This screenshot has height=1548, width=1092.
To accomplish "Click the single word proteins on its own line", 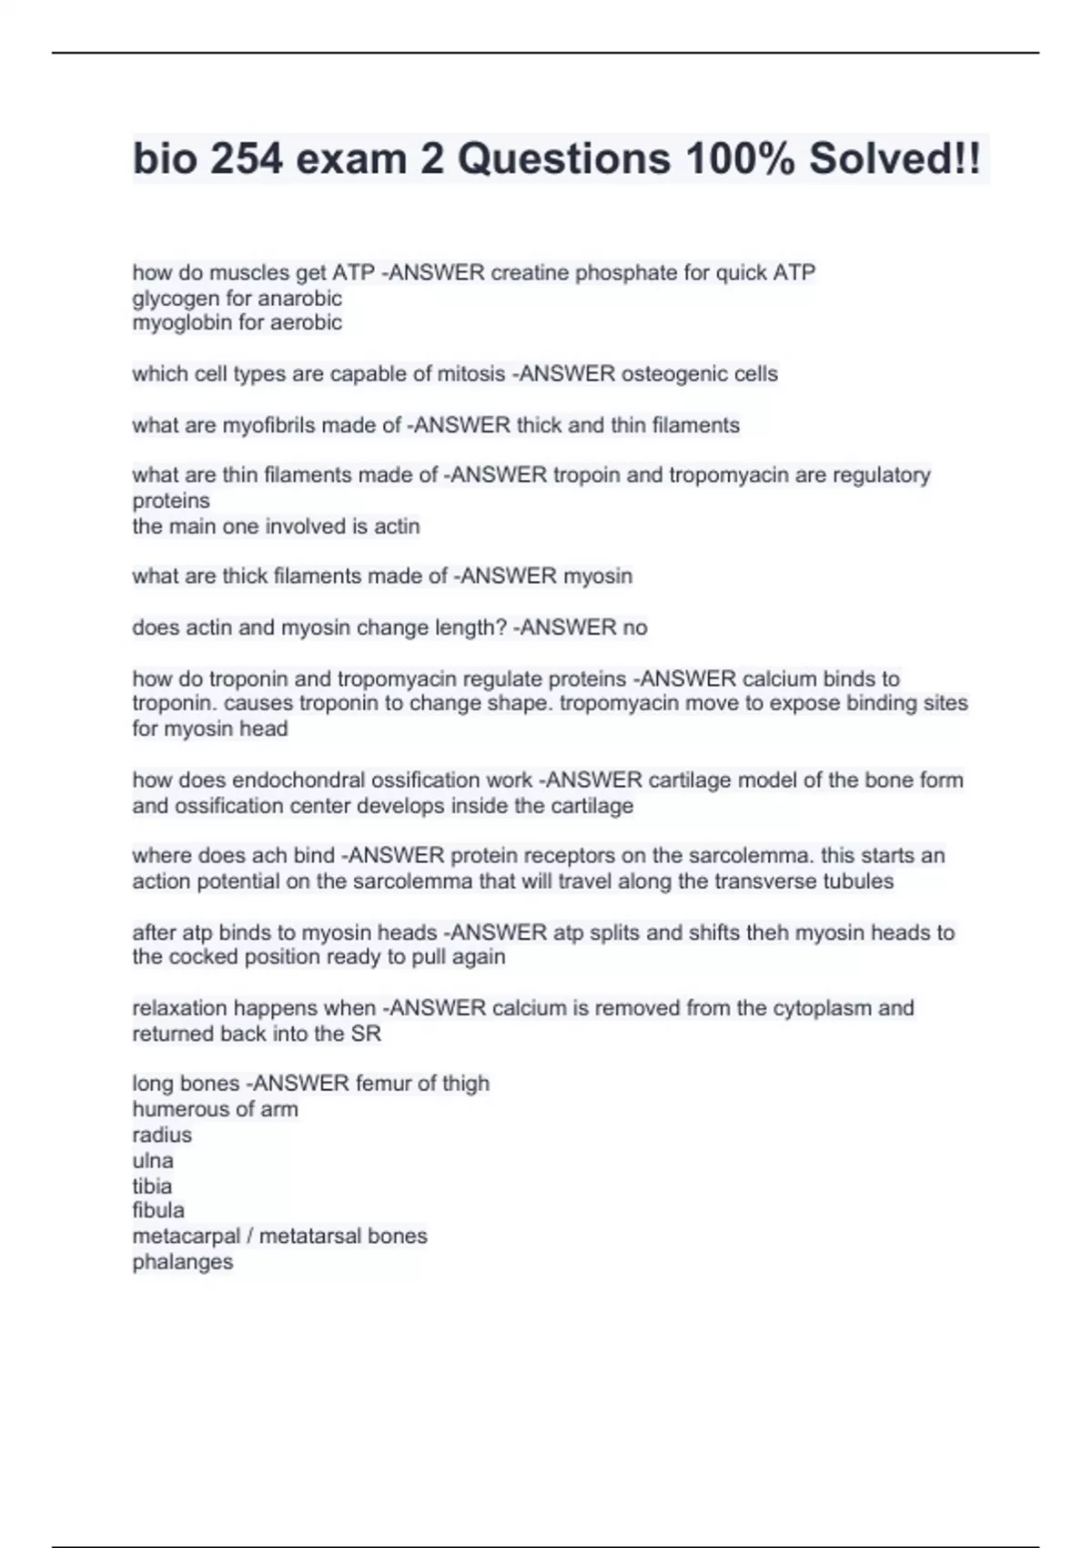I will [x=171, y=501].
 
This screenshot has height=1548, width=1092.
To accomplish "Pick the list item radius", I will [x=162, y=1135].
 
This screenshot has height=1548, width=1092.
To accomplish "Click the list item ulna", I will [x=153, y=1160].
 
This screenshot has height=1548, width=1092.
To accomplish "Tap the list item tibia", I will [x=152, y=1186].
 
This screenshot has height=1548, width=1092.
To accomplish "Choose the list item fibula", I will [x=158, y=1210].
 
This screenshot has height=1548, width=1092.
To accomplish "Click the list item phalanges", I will [x=182, y=1262].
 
